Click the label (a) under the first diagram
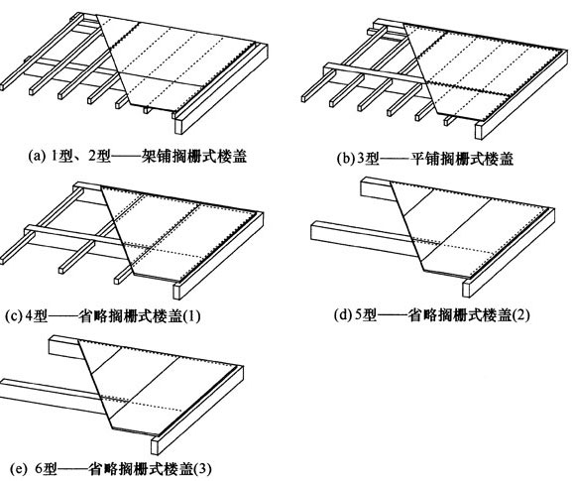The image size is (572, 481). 36,156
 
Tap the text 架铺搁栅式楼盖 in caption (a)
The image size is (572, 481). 193,156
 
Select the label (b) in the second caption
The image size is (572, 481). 345,159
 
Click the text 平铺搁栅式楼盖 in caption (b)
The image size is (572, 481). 462,159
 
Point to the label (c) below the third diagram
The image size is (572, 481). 14,316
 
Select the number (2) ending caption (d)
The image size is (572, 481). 520,314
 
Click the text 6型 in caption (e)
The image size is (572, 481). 46,468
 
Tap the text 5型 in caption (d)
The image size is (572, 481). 366,314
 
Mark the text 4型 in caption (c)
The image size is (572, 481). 37,316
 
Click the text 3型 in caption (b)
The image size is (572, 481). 368,159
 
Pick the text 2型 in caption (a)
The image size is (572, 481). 99,156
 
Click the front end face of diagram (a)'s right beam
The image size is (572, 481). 178,126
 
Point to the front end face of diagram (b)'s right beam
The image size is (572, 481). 480,131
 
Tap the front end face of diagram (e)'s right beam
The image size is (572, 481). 155,446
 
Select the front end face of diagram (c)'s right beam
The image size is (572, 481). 176,291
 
